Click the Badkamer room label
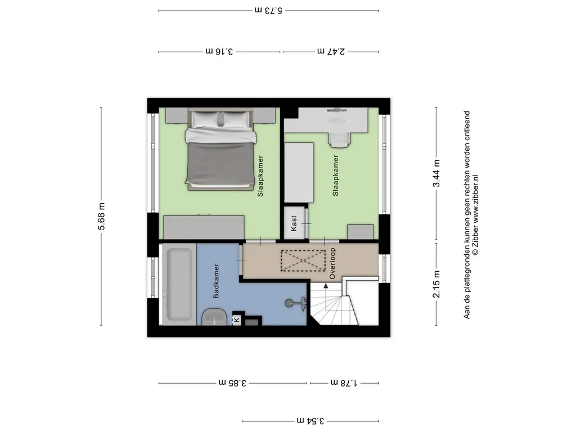216,281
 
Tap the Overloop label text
332,263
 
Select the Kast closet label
294,223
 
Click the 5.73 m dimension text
268,10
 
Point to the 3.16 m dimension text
219,51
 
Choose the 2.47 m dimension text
331,51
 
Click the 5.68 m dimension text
101,217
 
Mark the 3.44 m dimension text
436,173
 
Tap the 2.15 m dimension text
436,284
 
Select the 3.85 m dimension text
232,382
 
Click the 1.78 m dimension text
344,382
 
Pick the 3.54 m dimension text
310,421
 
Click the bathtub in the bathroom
179,285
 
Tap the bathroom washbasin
214,317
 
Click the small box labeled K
237,319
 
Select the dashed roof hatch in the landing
303,261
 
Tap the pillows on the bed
220,119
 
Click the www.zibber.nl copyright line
475,215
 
